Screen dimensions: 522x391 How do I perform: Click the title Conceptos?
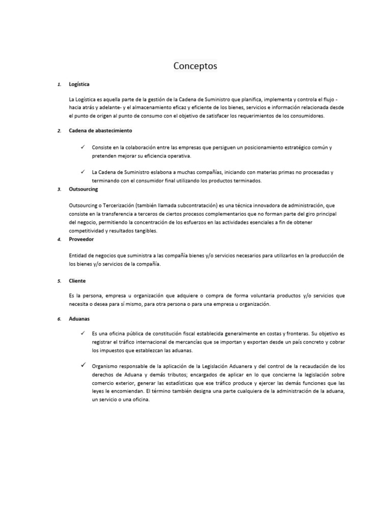pos(195,66)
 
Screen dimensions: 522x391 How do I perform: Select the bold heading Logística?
pos(79,84)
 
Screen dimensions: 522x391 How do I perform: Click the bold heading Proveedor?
pos(81,239)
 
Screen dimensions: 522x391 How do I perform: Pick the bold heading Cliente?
pos(77,280)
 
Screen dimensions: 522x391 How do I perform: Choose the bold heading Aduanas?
pos(79,319)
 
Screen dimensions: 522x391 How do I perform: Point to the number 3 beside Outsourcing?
pos(59,189)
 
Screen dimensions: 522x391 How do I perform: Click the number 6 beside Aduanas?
pos(59,319)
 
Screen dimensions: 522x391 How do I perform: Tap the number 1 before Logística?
pos(59,84)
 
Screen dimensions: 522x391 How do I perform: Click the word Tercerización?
pos(118,205)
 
